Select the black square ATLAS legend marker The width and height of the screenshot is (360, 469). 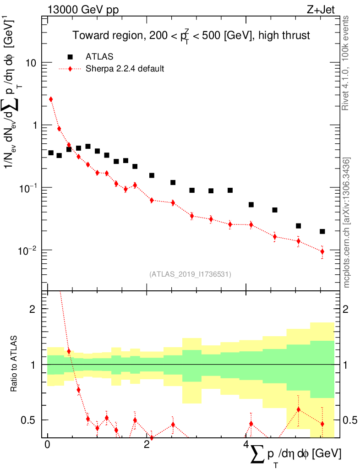coord(70,57)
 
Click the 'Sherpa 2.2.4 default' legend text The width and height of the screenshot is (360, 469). coord(125,69)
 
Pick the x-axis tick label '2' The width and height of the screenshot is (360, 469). coord(146,445)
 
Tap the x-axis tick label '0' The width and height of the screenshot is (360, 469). coord(47,445)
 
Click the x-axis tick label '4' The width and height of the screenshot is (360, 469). coord(246,445)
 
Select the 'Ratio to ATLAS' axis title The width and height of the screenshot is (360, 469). coord(15,365)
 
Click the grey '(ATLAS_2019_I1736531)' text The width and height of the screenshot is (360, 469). coord(190,274)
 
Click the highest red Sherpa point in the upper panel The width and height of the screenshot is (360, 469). coord(51,99)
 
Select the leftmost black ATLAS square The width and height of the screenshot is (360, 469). coord(51,153)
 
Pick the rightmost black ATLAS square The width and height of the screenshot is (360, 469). coord(322,231)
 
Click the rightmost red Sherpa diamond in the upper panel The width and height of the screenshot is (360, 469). coord(322,251)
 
